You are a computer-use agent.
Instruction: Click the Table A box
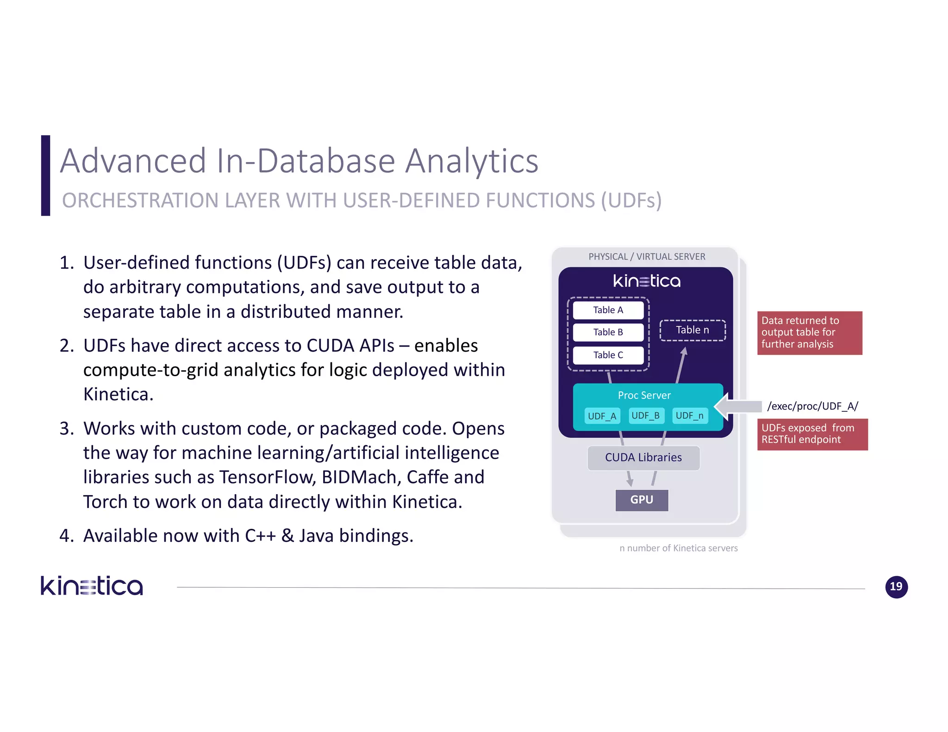[608, 310]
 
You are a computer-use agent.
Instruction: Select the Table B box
[608, 332]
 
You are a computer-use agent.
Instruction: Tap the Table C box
[608, 355]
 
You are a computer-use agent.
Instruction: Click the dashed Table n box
[692, 330]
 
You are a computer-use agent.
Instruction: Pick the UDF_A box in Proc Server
[602, 416]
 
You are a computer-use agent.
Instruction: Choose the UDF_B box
[646, 416]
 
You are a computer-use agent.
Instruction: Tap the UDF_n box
[690, 416]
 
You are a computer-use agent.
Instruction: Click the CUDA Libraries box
[643, 458]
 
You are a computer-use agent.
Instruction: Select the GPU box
[642, 500]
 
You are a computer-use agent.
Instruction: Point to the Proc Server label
[644, 395]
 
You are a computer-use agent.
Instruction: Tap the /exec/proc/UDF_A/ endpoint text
[812, 406]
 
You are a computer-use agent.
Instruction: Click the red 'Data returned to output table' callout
[809, 333]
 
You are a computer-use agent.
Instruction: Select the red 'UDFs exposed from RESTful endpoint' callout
[812, 434]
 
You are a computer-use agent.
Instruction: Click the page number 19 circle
[896, 587]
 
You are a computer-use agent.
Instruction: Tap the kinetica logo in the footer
[92, 586]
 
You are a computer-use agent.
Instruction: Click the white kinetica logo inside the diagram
[647, 281]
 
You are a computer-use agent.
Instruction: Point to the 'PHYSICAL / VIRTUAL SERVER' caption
[647, 257]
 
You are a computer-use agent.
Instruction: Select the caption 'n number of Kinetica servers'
[679, 548]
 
